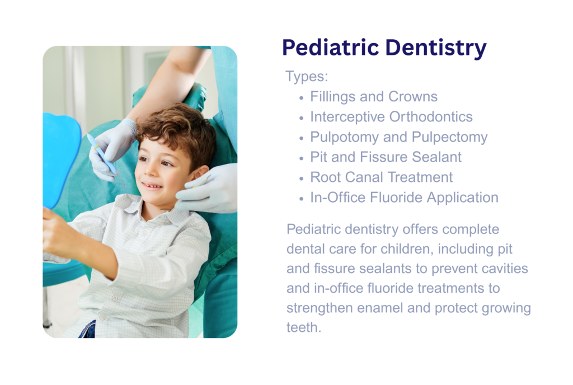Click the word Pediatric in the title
coord(330,48)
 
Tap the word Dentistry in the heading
coord(436,49)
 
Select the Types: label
coord(307,77)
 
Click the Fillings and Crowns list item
coord(374,96)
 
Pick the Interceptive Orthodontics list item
coord(391,117)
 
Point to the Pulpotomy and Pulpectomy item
coord(398,137)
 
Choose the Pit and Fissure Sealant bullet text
coord(386,157)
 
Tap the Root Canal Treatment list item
coord(382,177)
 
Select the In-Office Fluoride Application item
coord(404,198)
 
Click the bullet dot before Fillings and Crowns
coord(301,98)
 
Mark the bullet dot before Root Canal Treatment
coord(301,179)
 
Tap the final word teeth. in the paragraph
coord(304,328)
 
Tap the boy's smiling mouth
coord(151,186)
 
